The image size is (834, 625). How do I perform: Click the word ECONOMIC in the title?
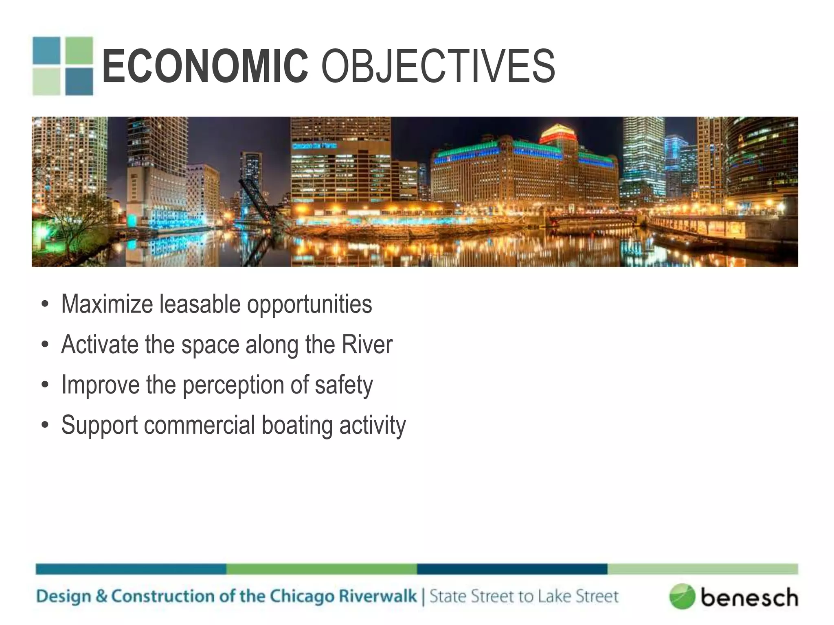pyautogui.click(x=205, y=66)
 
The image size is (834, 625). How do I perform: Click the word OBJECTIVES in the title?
pyautogui.click(x=438, y=66)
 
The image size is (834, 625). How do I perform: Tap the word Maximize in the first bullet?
pyautogui.click(x=107, y=304)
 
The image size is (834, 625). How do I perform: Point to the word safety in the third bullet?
pyautogui.click(x=343, y=385)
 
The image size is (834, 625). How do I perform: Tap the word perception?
pyautogui.click(x=233, y=385)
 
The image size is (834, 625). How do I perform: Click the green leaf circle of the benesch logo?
pyautogui.click(x=681, y=597)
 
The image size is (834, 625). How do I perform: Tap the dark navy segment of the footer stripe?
pyautogui.click(x=512, y=569)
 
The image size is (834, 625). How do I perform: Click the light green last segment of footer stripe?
pyautogui.click(x=702, y=569)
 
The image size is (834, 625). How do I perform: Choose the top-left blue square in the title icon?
pyautogui.click(x=46, y=50)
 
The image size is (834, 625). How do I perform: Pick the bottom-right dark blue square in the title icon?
pyautogui.click(x=79, y=81)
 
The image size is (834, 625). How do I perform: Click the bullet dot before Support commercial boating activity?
pyautogui.click(x=45, y=425)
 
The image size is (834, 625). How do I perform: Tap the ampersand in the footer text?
pyautogui.click(x=101, y=596)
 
